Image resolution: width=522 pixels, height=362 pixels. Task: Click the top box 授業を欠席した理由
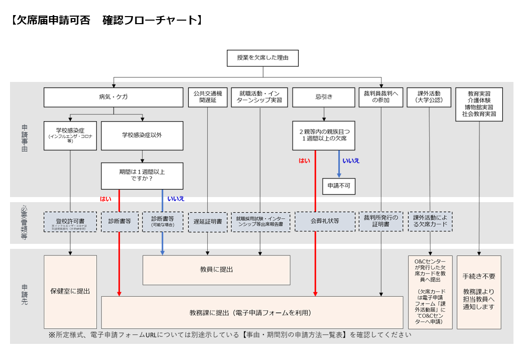pos(263,58)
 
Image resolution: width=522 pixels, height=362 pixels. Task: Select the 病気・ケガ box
pos(113,98)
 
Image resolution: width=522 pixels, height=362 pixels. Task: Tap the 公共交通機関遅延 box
pos(208,98)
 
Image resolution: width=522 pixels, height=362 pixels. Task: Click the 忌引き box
pos(324,98)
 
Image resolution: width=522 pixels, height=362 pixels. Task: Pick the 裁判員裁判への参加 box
pos(381,98)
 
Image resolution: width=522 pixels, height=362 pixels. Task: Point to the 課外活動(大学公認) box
pos(430,98)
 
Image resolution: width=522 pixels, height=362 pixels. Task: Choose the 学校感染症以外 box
pos(142,135)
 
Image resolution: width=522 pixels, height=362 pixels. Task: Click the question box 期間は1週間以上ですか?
pos(142,175)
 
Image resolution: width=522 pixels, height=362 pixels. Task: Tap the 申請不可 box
pos(339,186)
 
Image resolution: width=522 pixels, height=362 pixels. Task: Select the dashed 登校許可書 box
pos(70,222)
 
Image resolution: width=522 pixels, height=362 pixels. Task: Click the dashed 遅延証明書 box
pos(208,222)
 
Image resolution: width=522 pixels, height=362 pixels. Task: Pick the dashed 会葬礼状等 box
pos(324,221)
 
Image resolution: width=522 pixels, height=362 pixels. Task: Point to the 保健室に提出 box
pos(70,292)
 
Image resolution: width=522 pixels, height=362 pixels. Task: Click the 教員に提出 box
pos(216,270)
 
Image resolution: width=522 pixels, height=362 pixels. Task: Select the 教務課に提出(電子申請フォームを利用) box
pos(252,313)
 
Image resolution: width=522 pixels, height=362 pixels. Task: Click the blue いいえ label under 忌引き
pos(351,161)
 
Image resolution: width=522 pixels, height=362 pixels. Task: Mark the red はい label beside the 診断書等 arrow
pos(105,198)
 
